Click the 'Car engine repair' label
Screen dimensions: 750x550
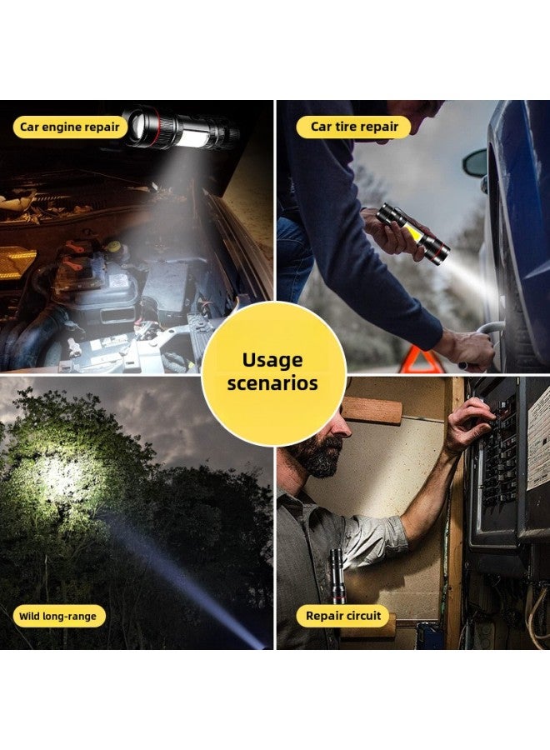[70, 127]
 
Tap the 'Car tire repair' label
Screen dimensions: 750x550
[353, 127]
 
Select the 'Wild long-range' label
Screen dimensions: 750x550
[58, 617]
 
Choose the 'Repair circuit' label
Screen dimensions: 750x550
[342, 617]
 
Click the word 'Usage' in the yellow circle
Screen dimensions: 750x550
[273, 360]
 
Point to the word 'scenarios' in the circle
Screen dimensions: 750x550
[273, 384]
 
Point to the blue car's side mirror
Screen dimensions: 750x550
[476, 162]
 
